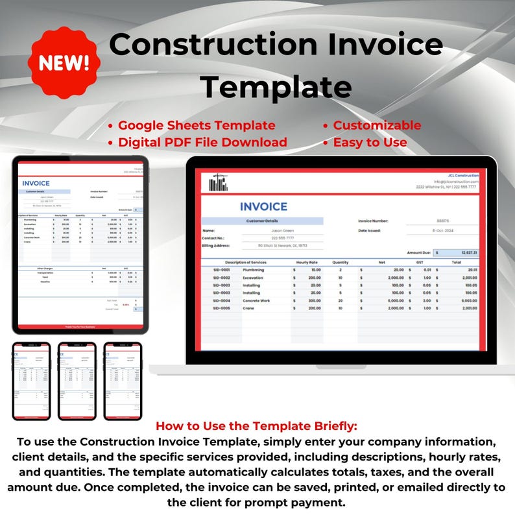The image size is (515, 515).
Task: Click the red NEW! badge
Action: point(64,62)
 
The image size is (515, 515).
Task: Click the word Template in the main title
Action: point(276,86)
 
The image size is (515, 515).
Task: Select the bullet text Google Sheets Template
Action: point(197,125)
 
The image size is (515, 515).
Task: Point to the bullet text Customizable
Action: point(377,125)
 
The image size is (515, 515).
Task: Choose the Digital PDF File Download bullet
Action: point(202,142)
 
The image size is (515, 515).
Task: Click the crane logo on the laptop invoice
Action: point(219,183)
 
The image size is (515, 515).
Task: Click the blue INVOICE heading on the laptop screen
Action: point(263,206)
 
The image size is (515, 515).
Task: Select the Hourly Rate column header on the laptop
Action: point(307,262)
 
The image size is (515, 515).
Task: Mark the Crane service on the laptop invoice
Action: point(248,308)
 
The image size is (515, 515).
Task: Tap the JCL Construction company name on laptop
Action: point(463,175)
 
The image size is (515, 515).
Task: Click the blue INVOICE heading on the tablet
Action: point(36,184)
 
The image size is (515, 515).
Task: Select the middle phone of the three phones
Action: point(77,381)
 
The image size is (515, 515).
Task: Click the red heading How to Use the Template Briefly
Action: point(257,426)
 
